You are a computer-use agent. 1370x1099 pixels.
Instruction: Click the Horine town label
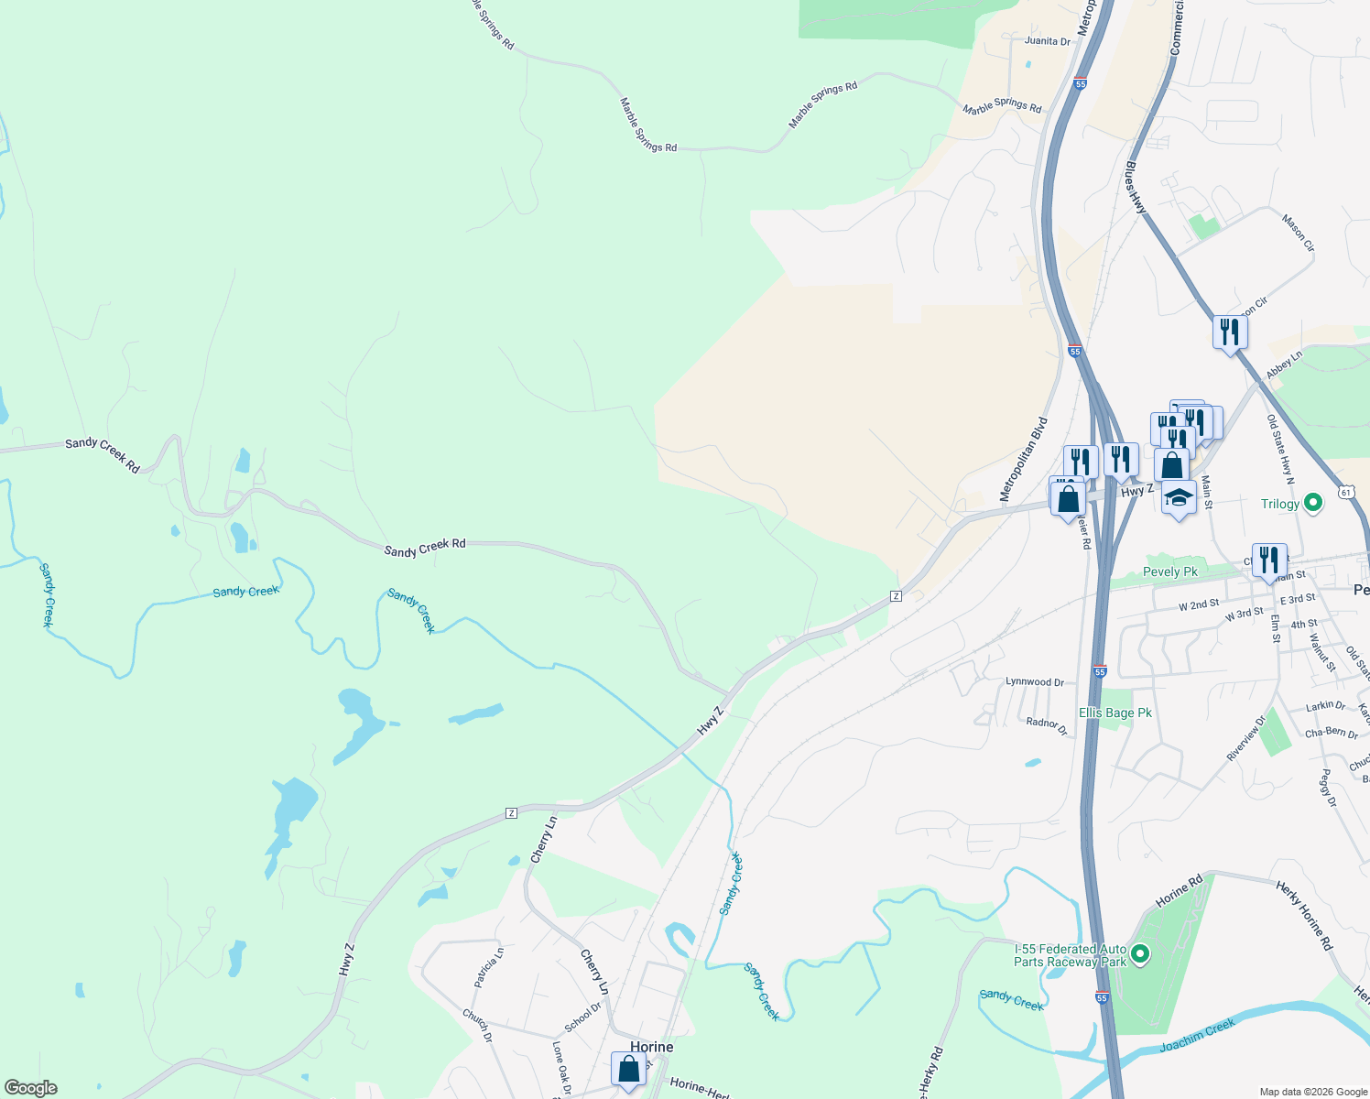point(651,1047)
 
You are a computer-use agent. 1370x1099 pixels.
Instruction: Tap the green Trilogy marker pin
point(1312,503)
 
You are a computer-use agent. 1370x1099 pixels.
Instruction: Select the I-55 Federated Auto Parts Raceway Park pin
point(1140,955)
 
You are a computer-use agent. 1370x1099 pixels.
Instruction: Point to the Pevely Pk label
point(1169,571)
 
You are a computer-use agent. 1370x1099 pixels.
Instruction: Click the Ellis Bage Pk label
point(1114,713)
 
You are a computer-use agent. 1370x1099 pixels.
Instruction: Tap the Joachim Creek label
point(1197,1036)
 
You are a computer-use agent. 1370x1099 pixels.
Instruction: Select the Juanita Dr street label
point(1047,41)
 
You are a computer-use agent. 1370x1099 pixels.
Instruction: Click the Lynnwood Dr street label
point(1035,682)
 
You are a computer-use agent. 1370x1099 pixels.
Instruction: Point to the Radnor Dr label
point(1047,725)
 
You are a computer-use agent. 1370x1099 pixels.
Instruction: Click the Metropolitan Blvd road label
point(1024,460)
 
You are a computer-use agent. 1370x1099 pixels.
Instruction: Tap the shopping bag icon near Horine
point(628,1069)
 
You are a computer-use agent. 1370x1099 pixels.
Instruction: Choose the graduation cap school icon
point(1179,498)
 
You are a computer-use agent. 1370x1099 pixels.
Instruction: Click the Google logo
point(31,1088)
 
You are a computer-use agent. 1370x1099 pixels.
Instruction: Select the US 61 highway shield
point(1345,492)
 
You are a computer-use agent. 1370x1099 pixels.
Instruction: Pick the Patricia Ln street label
point(488,968)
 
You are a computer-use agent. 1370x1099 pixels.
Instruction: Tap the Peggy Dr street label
point(1327,788)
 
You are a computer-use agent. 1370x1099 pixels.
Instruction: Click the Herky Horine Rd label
point(1304,915)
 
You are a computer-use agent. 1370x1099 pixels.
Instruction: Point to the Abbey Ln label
point(1284,365)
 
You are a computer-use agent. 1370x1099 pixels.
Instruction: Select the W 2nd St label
point(1199,605)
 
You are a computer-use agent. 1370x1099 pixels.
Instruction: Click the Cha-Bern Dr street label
point(1331,733)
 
